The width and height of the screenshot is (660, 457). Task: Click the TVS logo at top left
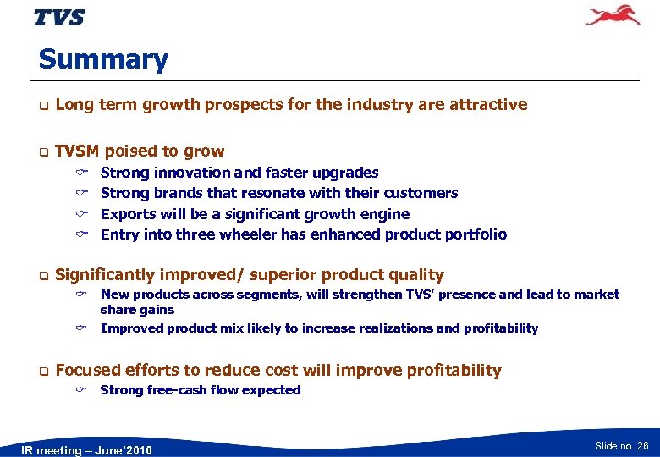click(x=59, y=17)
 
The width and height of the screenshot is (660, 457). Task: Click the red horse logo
click(x=613, y=16)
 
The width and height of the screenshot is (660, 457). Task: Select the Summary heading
click(x=103, y=60)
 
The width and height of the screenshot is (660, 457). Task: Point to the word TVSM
click(x=77, y=151)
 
